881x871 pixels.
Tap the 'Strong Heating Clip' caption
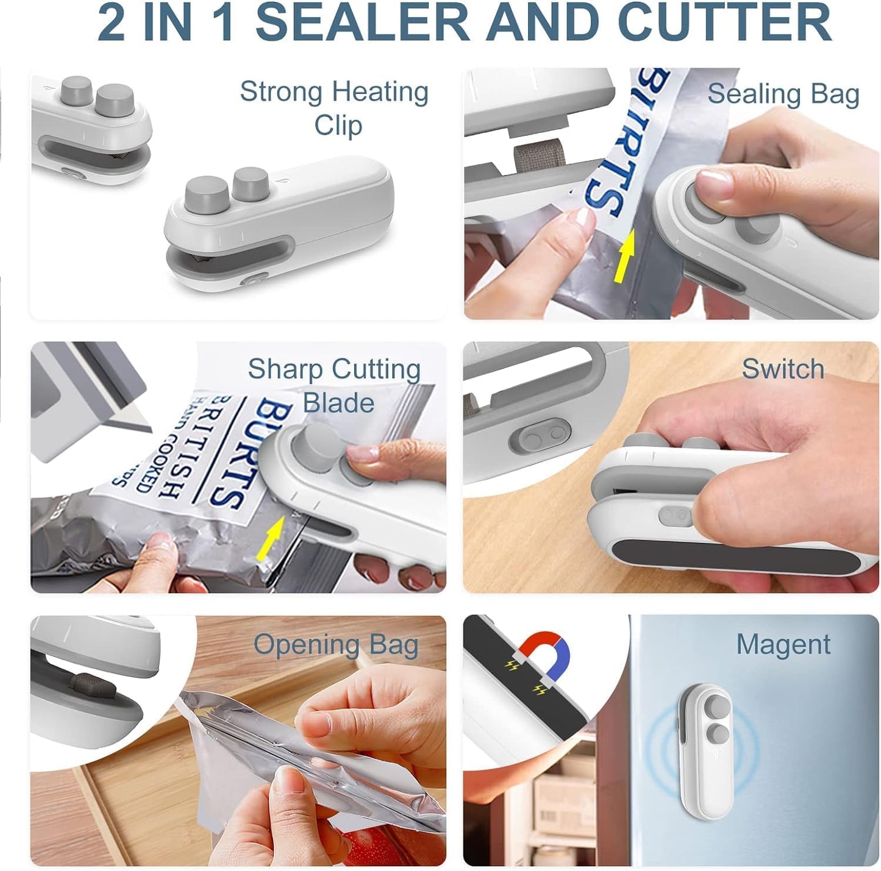[x=334, y=108]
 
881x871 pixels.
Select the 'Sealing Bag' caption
[x=783, y=94]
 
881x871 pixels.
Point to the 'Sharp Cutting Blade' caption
[x=334, y=385]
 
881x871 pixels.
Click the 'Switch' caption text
[x=783, y=369]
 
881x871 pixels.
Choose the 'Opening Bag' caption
[x=336, y=644]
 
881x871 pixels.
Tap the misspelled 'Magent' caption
[x=783, y=644]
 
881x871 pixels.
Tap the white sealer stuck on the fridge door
[x=705, y=738]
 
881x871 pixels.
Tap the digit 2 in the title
[x=112, y=23]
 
